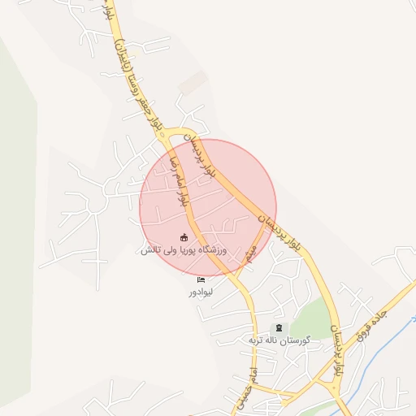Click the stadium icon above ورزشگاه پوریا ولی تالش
click(184, 237)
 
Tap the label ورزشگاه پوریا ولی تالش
click(184, 250)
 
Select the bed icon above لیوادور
click(200, 279)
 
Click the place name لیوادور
click(200, 291)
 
